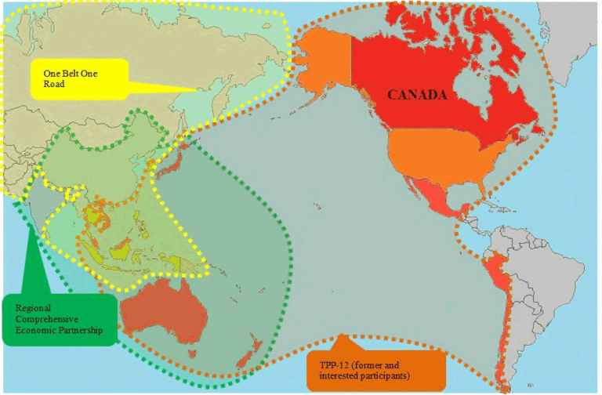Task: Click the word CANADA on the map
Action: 417,96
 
